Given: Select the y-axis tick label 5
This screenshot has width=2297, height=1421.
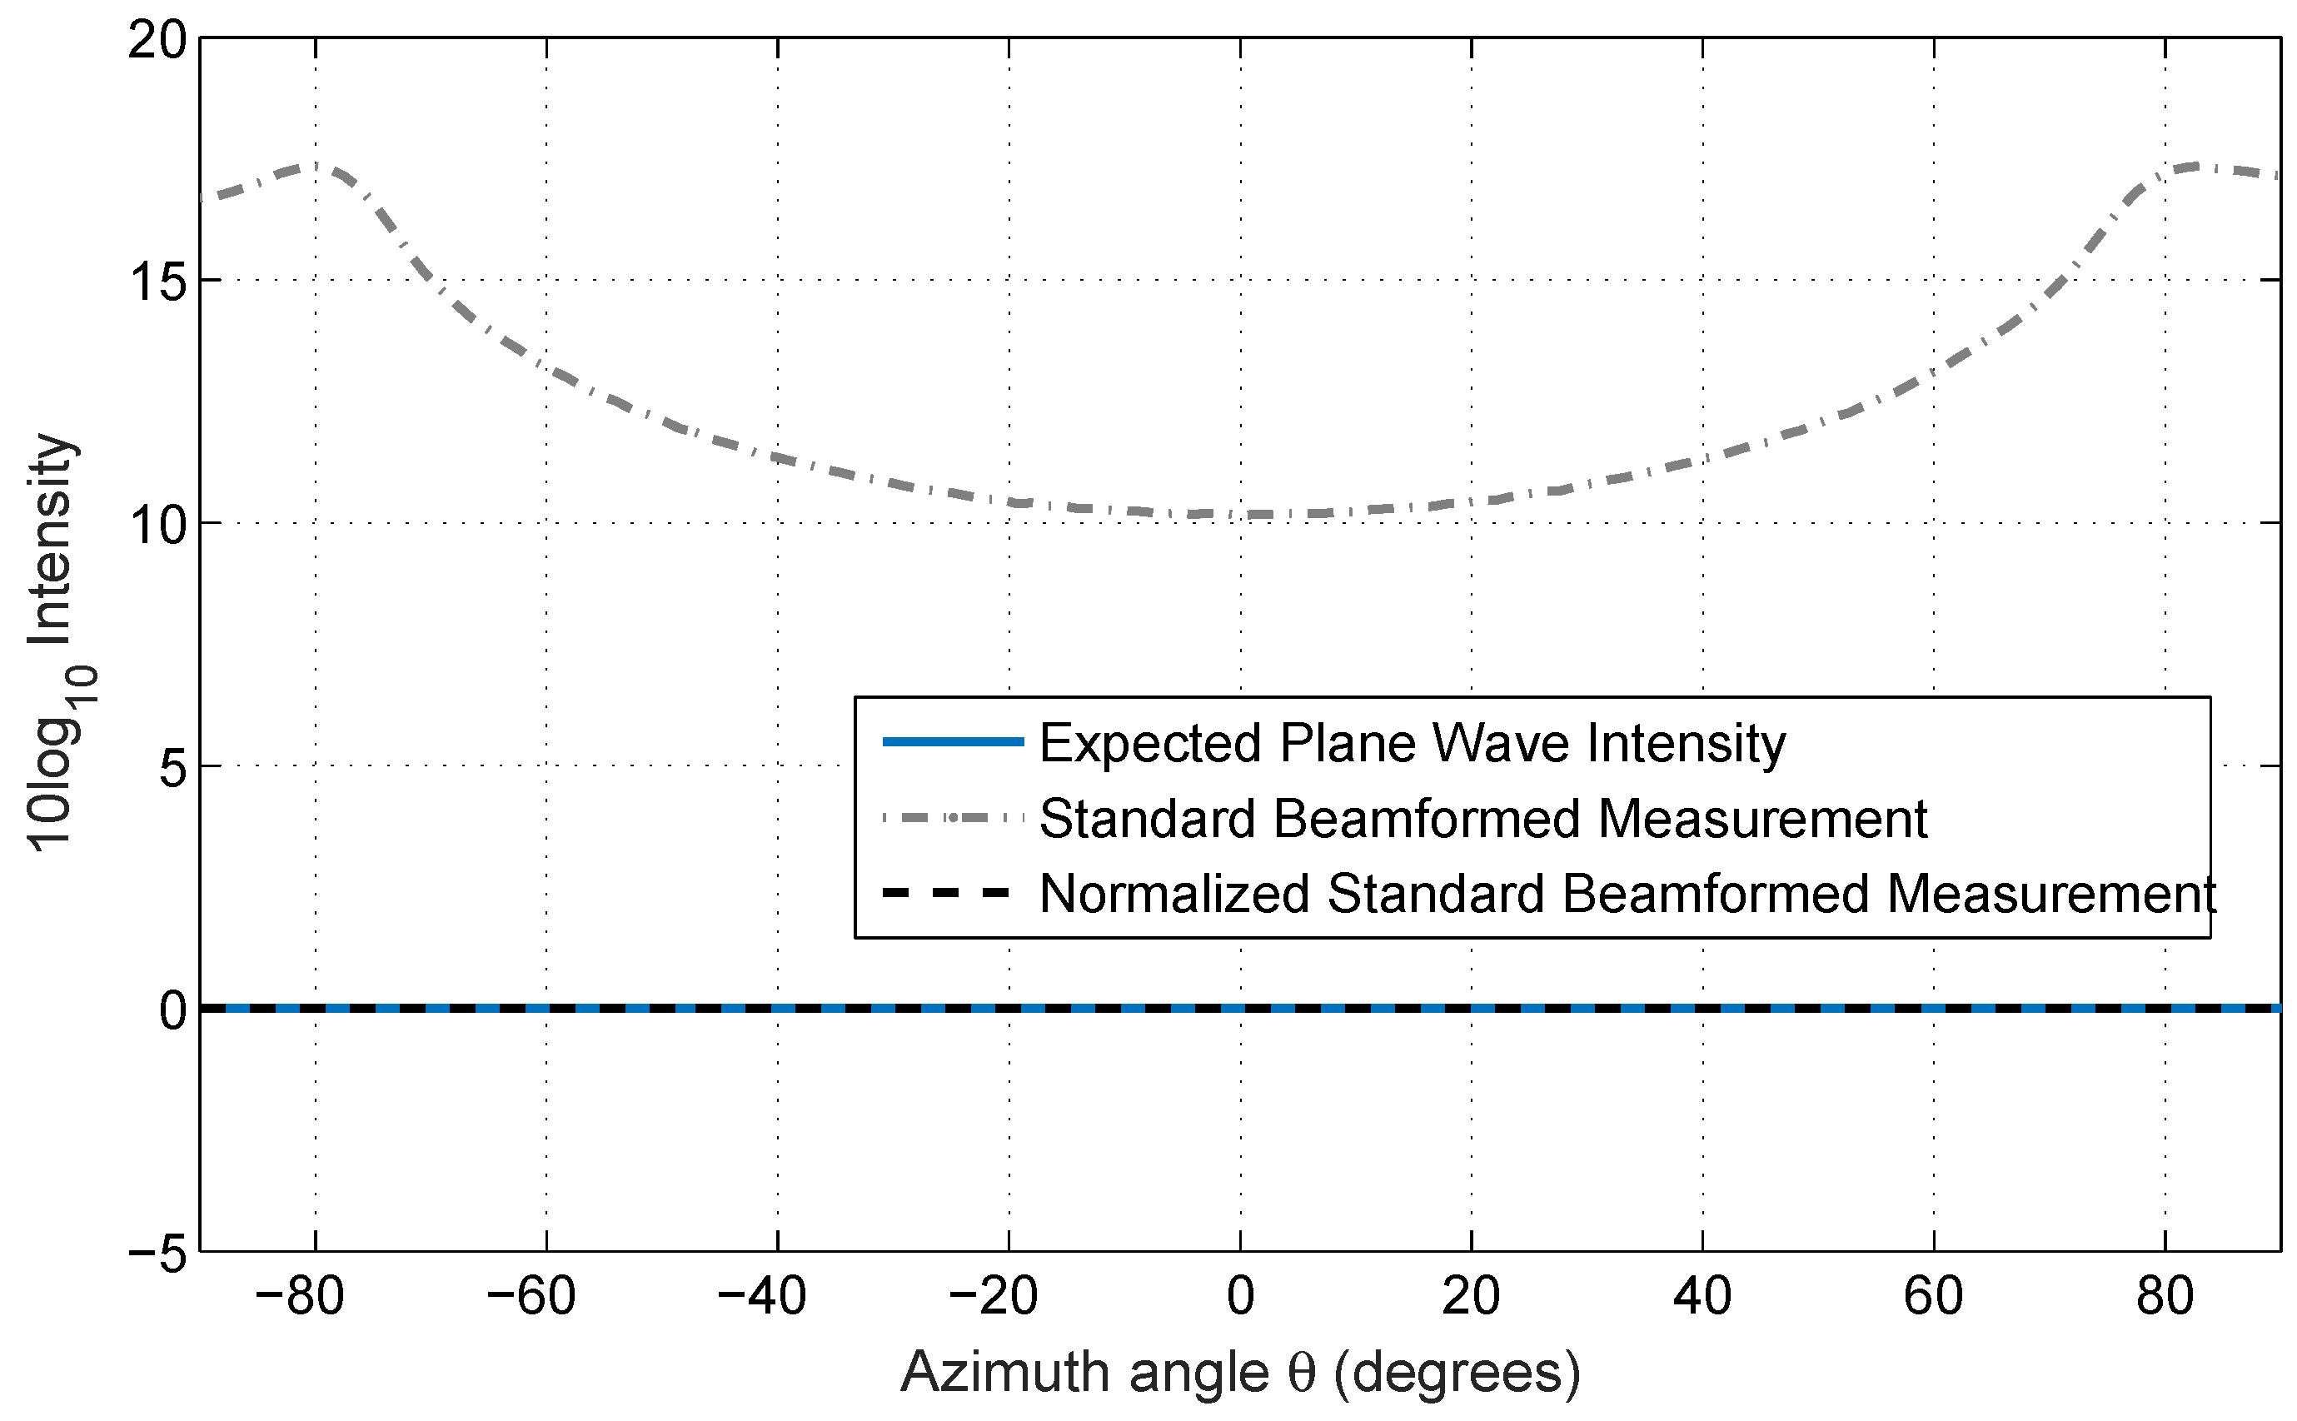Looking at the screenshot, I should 171,768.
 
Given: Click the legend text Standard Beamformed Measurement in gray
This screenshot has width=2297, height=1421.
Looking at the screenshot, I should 1482,819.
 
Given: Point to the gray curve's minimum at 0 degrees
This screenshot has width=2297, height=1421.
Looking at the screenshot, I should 1240,514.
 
